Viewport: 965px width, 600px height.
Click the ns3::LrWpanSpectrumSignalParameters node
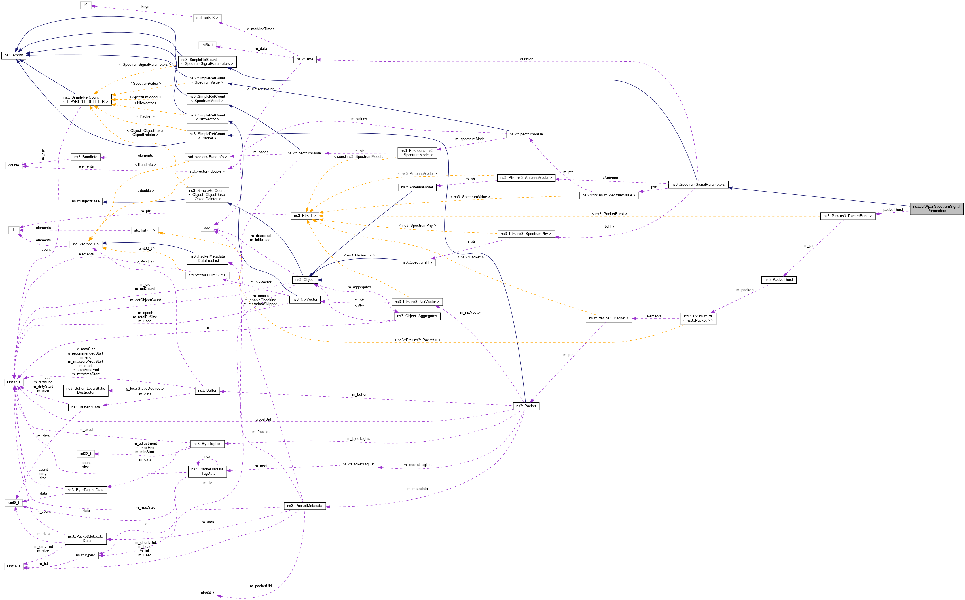936,208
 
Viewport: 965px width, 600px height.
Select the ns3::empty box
14,55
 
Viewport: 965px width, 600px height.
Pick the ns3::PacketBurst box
778,280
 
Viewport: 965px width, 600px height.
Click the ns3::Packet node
526,406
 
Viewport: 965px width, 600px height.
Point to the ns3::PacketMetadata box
305,506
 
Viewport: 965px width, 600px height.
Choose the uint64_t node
207,593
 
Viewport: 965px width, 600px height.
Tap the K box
85,5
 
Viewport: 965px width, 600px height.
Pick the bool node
207,227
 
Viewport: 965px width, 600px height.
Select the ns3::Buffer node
207,391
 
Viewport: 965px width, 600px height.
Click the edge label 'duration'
526,59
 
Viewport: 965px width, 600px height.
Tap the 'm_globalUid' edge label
261,419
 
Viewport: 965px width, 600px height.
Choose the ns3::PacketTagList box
358,464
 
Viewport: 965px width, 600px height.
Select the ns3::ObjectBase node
85,201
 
